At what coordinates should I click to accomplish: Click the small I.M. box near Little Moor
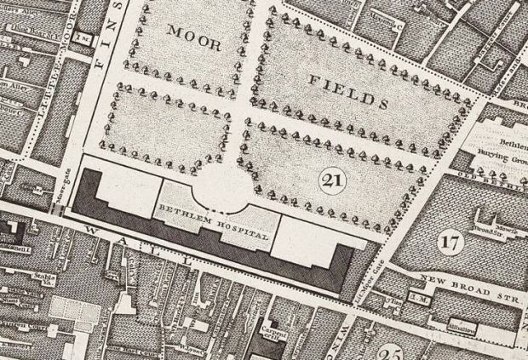[x=83, y=38]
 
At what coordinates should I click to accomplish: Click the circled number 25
[x=393, y=352]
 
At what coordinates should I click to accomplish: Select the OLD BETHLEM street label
[x=502, y=177]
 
